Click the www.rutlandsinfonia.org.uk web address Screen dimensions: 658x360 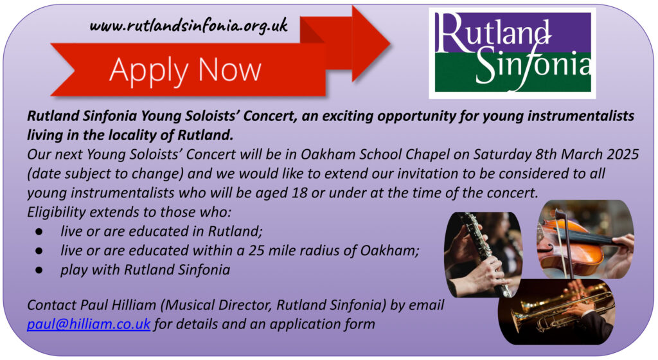188,26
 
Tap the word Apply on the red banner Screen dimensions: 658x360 149,71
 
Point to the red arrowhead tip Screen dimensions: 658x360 390,42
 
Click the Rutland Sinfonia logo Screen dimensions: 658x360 512,53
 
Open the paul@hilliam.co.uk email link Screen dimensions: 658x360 89,325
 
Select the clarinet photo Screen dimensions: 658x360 483,255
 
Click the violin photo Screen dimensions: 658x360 586,239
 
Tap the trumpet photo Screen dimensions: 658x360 556,312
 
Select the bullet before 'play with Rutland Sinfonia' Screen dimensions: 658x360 39,270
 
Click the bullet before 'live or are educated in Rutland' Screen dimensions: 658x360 39,231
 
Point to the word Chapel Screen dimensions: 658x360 427,155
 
